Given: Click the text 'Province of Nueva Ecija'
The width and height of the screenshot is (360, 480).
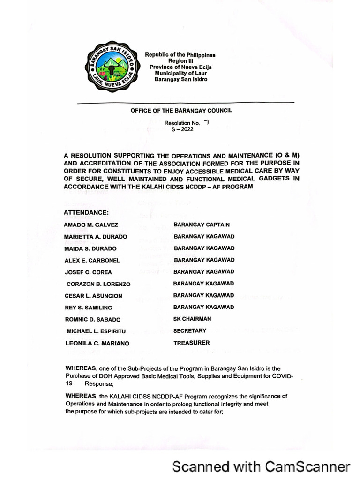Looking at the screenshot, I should click(x=180, y=67).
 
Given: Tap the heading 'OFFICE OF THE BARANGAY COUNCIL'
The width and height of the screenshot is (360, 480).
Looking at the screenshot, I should click(x=181, y=111).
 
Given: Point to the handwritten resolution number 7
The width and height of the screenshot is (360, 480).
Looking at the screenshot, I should click(x=206, y=122).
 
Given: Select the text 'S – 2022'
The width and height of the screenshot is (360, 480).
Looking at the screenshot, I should click(x=182, y=129).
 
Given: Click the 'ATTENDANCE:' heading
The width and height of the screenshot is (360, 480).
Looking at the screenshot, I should click(x=86, y=213).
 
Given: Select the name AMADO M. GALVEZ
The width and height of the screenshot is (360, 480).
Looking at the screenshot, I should click(x=91, y=225).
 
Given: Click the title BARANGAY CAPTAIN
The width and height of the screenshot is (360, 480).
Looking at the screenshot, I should click(x=202, y=225).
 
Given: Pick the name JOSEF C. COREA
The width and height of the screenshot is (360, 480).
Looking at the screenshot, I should click(x=88, y=272).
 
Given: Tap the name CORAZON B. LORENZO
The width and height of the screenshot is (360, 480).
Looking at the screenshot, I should click(x=98, y=284).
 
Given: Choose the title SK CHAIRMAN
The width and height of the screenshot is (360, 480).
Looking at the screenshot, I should click(x=192, y=319).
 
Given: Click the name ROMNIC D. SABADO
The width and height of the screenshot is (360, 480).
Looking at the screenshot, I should click(x=92, y=320).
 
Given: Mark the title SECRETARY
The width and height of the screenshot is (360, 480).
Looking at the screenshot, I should click(x=189, y=330).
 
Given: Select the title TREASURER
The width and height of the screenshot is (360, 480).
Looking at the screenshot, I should click(x=192, y=343).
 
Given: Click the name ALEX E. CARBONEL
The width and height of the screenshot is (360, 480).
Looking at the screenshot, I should click(x=92, y=260).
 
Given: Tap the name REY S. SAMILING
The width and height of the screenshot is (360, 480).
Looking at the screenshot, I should click(x=88, y=307).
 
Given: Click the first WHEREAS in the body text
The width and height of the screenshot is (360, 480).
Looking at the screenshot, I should click(x=82, y=369).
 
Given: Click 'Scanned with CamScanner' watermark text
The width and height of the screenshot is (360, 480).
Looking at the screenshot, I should click(x=261, y=466).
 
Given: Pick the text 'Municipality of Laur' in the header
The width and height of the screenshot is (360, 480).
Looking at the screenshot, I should click(x=180, y=73).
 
